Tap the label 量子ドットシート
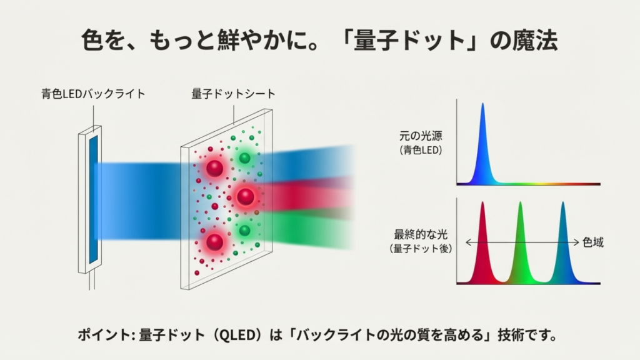(x=233, y=94)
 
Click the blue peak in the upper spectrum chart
(x=482, y=144)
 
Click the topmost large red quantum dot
(x=215, y=168)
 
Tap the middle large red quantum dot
(x=246, y=197)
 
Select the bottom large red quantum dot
(x=214, y=241)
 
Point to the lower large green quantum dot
(x=244, y=231)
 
